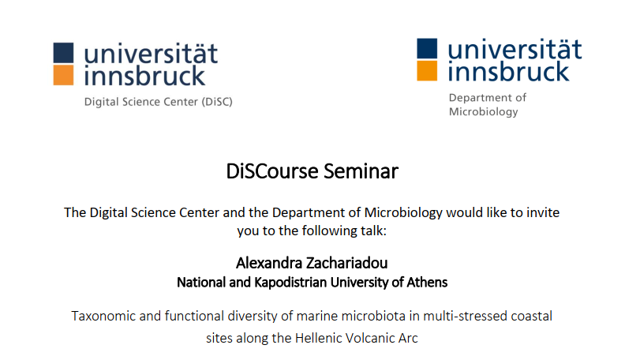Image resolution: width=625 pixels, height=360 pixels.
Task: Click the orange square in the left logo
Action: (x=63, y=75)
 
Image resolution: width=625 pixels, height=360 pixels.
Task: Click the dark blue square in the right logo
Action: (x=427, y=48)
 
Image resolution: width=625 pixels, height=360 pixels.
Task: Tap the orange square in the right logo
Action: (x=427, y=70)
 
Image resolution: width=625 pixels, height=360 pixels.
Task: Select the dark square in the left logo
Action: (x=63, y=53)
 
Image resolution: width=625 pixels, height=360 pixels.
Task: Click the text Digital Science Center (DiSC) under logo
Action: (x=159, y=102)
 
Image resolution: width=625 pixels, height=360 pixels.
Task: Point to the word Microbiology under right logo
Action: (x=484, y=111)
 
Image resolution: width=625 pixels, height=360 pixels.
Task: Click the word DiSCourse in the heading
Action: (x=272, y=171)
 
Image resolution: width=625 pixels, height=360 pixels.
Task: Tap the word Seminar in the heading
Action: (x=361, y=171)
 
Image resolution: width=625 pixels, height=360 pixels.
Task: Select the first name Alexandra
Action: (x=269, y=263)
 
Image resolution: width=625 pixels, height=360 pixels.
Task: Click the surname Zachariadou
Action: (x=347, y=263)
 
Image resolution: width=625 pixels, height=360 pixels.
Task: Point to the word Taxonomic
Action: (x=103, y=316)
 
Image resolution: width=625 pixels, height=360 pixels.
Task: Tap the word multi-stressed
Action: (x=463, y=316)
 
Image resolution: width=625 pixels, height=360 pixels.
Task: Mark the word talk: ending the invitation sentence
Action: (x=373, y=231)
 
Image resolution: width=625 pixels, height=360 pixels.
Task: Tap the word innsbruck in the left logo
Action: (x=144, y=76)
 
